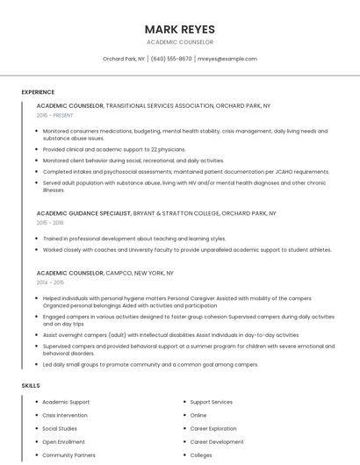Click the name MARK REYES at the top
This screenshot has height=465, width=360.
pos(179,29)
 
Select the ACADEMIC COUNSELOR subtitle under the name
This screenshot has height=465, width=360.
pos(179,42)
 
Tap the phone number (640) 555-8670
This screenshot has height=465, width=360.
pos(171,59)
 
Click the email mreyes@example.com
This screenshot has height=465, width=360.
pos(227,59)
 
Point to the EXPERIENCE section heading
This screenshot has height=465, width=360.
pos(38,92)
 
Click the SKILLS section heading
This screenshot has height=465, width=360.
pos(31,386)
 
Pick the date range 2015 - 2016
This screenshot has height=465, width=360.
pos(50,223)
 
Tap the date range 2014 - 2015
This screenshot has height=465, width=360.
pos(50,283)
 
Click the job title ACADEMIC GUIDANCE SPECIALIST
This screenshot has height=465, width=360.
pos(83,213)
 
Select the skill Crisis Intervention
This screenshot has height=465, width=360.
pos(65,415)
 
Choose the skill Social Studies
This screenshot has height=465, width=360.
pos(60,429)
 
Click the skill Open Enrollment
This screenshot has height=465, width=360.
pos(63,442)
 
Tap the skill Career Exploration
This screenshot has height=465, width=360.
pos(212,429)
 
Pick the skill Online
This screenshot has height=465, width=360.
pos(198,415)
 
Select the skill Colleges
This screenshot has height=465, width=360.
pos(201,455)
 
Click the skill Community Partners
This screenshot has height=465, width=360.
pos(68,455)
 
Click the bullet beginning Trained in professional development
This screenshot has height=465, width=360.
pos(133,239)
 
